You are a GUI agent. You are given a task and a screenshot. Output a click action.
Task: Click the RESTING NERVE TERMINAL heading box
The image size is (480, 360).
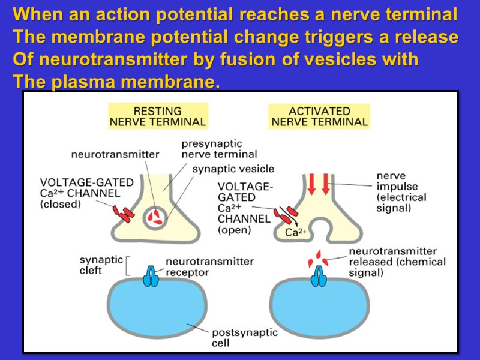click(157, 116)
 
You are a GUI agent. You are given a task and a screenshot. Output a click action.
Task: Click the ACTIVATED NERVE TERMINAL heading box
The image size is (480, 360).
click(319, 116)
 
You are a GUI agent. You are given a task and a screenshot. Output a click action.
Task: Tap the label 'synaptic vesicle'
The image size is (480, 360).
click(233, 169)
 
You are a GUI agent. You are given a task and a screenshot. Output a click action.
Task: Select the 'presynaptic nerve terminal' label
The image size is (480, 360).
click(211, 148)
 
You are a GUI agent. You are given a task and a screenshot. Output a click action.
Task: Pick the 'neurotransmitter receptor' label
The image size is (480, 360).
click(209, 267)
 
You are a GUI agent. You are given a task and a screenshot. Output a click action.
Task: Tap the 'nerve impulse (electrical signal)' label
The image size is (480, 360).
click(401, 192)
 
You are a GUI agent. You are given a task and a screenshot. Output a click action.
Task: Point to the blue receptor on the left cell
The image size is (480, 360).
click(151, 277)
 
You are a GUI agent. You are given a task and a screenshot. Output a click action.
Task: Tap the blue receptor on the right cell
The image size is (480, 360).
click(317, 277)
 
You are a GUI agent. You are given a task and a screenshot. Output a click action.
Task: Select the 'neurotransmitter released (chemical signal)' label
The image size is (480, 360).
click(396, 262)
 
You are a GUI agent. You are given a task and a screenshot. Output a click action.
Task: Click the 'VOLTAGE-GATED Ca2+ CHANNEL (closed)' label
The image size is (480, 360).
click(86, 193)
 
